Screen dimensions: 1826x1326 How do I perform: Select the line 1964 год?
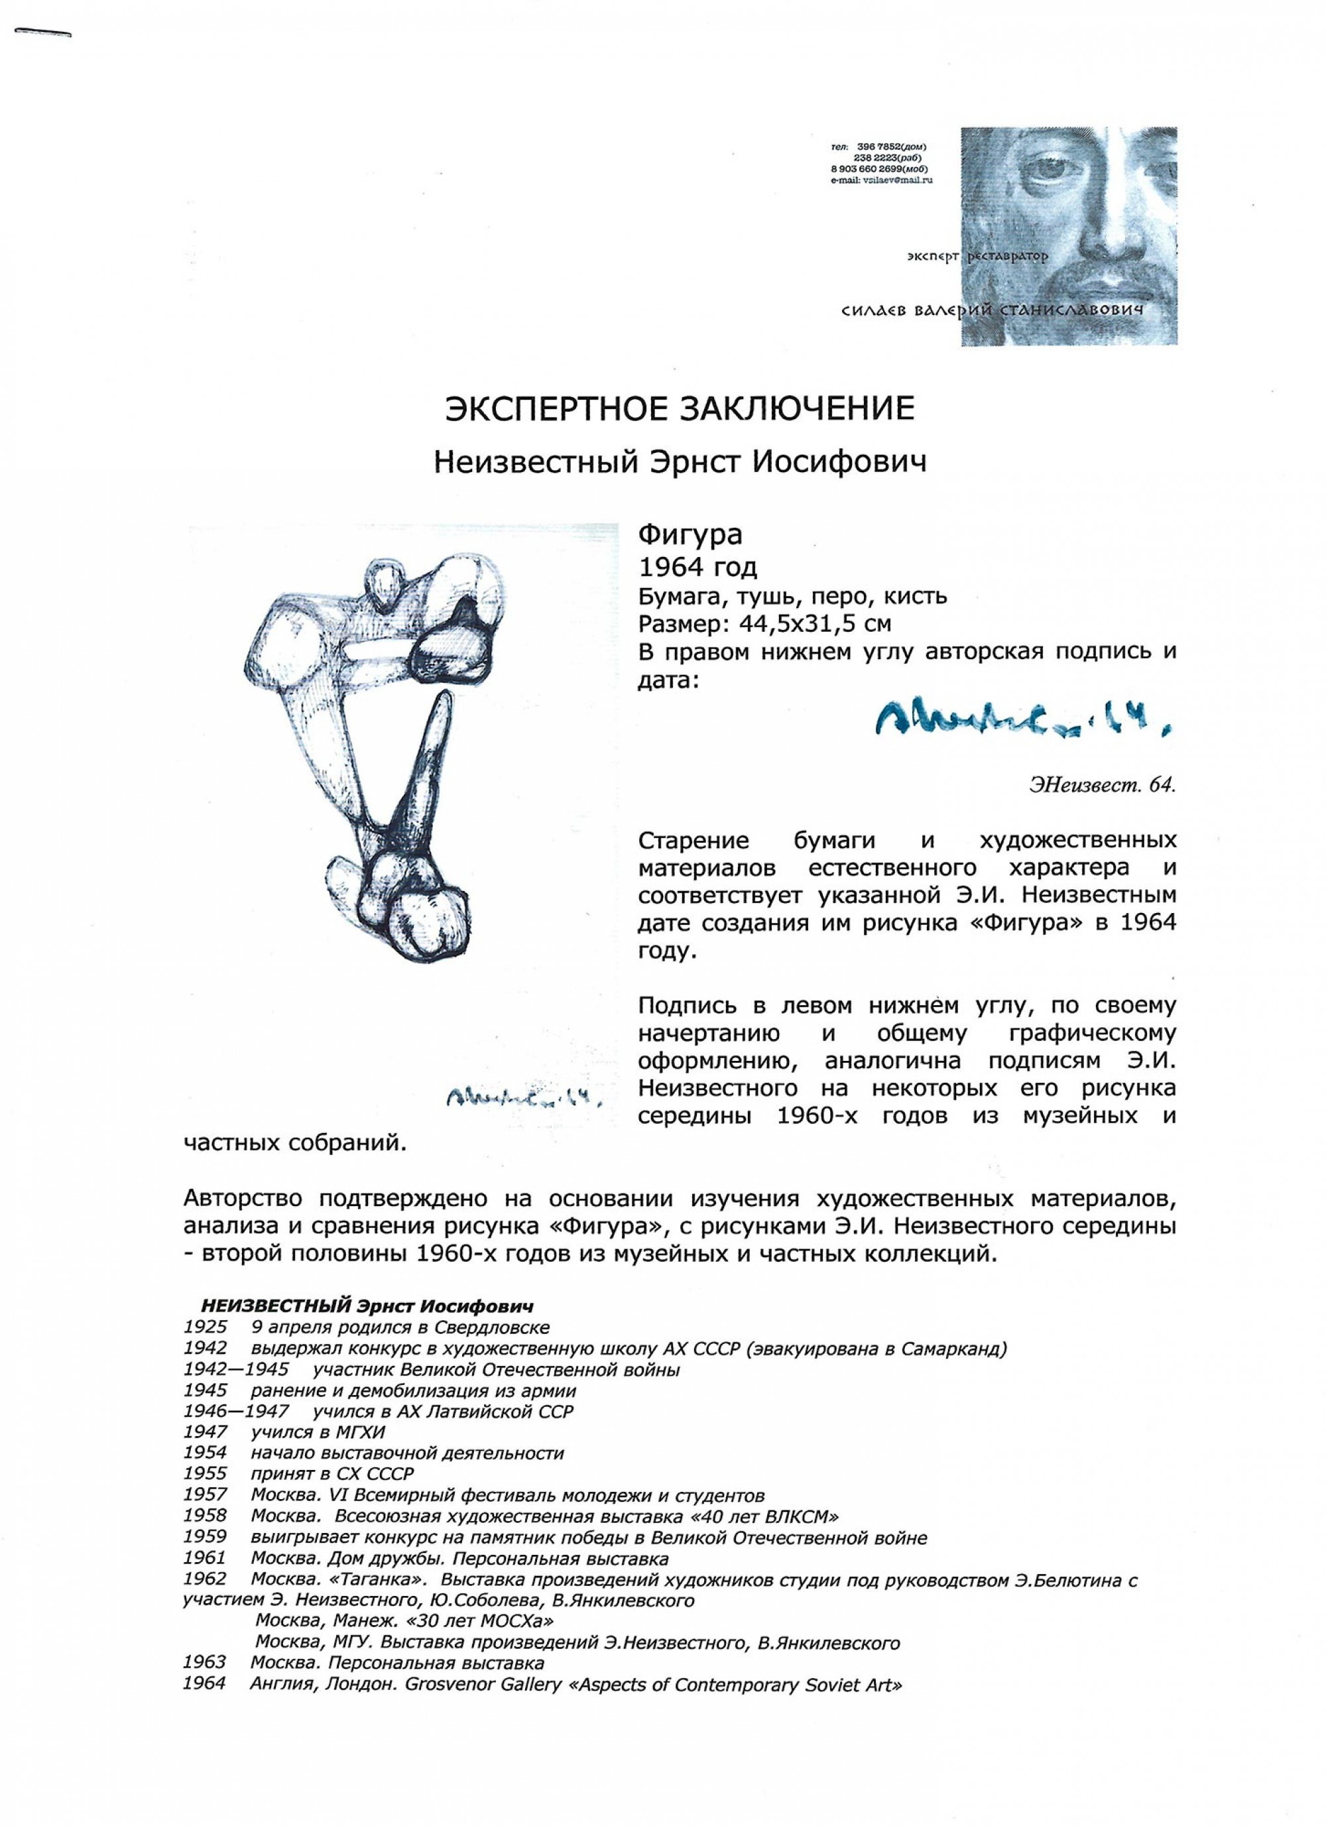[697, 568]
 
